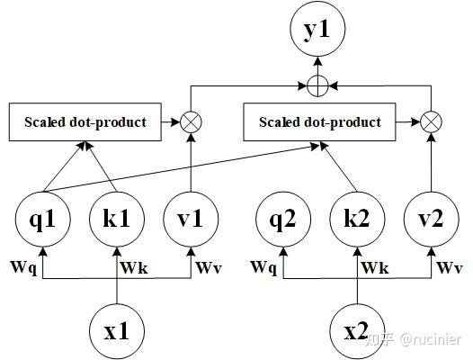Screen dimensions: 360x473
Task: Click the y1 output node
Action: (316, 32)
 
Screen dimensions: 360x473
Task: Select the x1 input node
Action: (118, 329)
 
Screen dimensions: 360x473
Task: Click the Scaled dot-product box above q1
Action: (85, 121)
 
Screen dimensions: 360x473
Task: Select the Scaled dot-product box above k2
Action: (325, 121)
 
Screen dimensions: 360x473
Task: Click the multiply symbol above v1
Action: (192, 121)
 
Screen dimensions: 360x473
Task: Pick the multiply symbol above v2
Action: (433, 121)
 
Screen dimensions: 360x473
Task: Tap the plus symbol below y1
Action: (316, 86)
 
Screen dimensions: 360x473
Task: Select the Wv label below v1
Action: (208, 267)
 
